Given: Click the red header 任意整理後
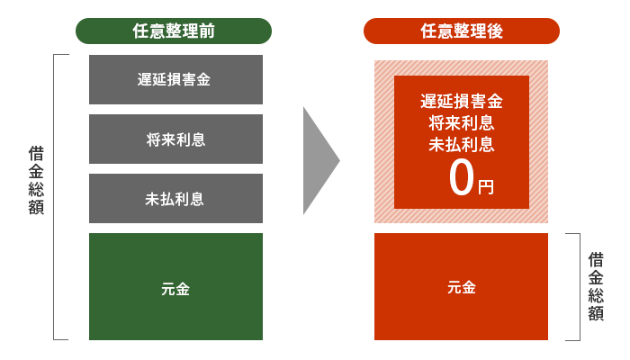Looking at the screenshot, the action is click(x=461, y=31).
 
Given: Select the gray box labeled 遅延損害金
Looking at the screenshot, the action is click(x=175, y=79).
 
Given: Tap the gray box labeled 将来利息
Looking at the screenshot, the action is click(x=175, y=139).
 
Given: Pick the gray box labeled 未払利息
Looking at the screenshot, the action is click(x=175, y=198).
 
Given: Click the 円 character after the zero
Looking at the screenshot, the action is click(x=486, y=187).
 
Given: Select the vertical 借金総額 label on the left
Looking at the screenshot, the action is click(x=36, y=180).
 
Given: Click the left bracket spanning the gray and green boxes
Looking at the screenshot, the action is click(x=56, y=197).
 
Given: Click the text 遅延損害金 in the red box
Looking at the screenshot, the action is click(x=461, y=100).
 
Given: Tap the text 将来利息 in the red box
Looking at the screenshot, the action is click(x=461, y=121).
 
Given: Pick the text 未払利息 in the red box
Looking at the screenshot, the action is click(x=461, y=143).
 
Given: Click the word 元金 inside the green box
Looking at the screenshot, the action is click(x=175, y=289).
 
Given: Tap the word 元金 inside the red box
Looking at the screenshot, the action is click(x=461, y=287).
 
